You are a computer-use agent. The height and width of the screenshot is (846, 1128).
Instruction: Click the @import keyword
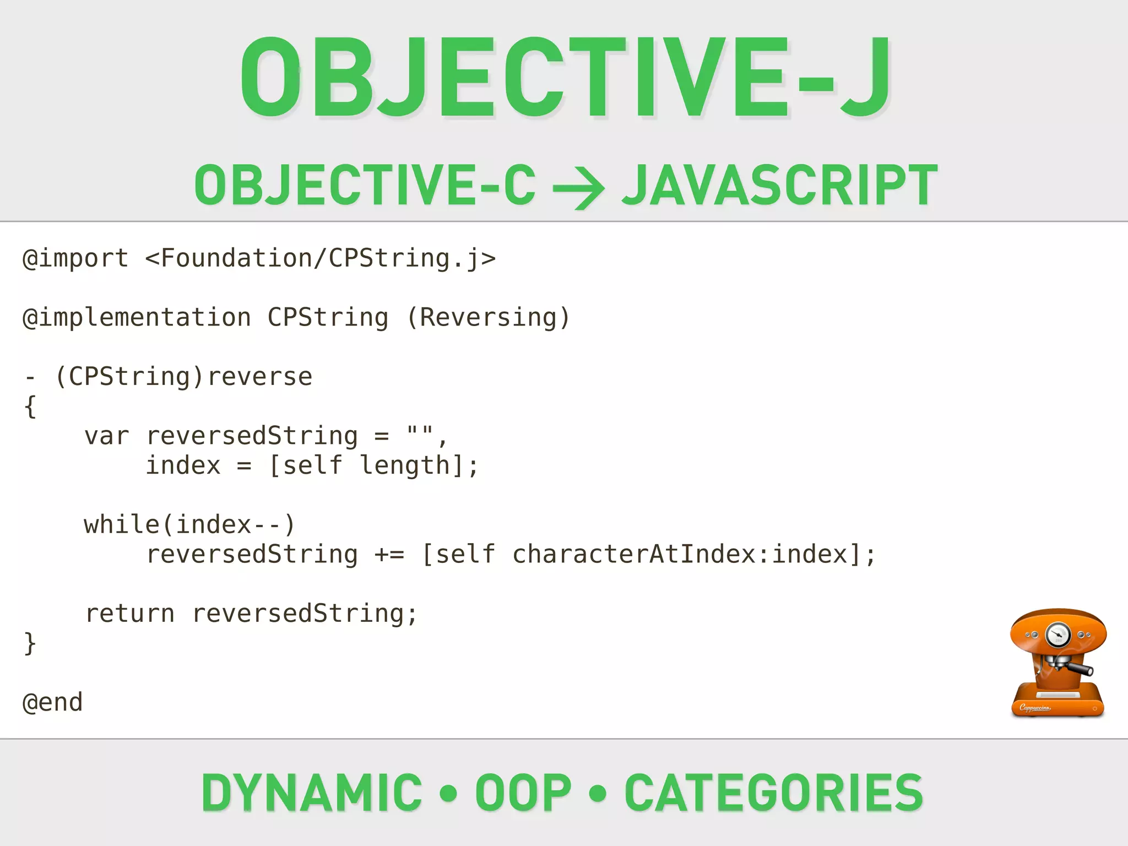pyautogui.click(x=75, y=258)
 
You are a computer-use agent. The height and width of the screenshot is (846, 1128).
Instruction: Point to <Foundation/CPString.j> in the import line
pyautogui.click(x=320, y=258)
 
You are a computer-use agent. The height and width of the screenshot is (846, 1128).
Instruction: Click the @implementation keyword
pyautogui.click(x=137, y=318)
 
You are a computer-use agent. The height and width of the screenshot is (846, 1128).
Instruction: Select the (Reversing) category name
pyautogui.click(x=487, y=318)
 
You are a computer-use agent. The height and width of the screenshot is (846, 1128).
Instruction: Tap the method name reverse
pyautogui.click(x=260, y=377)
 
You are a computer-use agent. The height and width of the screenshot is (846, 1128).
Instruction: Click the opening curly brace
pyautogui.click(x=30, y=407)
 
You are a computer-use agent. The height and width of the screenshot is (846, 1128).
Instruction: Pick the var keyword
pyautogui.click(x=106, y=436)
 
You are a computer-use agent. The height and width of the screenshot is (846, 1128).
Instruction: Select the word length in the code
pyautogui.click(x=405, y=466)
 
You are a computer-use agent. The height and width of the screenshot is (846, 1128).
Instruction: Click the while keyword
pyautogui.click(x=122, y=524)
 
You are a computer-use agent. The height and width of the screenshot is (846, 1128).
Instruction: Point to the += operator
pyautogui.click(x=389, y=555)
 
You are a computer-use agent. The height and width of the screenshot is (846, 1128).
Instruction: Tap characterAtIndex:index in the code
pyautogui.click(x=680, y=555)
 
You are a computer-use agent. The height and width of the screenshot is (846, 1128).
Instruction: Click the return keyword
pyautogui.click(x=130, y=614)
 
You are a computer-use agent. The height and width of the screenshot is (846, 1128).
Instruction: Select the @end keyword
pyautogui.click(x=53, y=703)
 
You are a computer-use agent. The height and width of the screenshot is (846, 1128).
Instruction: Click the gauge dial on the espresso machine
pyautogui.click(x=1057, y=634)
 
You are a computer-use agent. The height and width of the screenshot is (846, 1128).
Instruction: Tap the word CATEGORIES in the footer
pyautogui.click(x=773, y=793)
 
